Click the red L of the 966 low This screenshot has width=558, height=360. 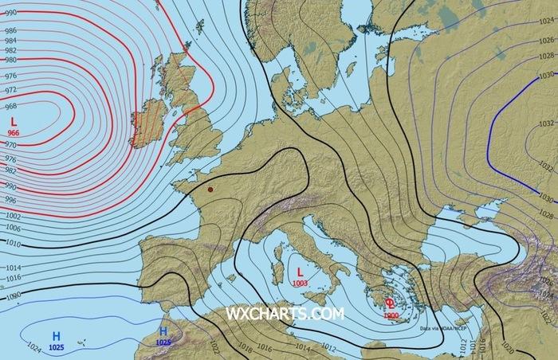pos(14,120)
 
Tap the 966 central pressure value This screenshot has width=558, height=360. pos(14,132)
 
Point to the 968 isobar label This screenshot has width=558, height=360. pos(10,107)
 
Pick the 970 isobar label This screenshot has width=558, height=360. pos(10,145)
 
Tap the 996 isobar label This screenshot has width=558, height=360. pos(10,199)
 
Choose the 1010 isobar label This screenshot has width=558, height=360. pos(11,243)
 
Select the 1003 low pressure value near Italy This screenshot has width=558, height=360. pos(301,283)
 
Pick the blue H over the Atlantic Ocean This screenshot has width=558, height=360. pos(57,335)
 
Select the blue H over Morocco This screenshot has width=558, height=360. pos(163,331)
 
